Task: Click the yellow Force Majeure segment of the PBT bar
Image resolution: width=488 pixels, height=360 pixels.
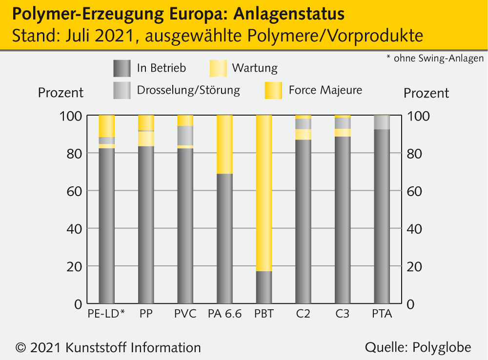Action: click(264, 193)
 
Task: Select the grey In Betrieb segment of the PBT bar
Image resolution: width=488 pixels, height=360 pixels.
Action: click(264, 287)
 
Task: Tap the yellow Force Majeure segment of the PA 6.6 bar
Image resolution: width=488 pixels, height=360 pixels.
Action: click(224, 144)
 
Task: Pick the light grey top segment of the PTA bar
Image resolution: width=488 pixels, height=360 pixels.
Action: click(382, 122)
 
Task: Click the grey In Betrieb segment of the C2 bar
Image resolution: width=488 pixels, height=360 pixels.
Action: click(303, 221)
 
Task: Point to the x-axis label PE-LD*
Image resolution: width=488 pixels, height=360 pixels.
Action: click(106, 314)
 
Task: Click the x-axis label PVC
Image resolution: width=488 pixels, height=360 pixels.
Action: click(185, 314)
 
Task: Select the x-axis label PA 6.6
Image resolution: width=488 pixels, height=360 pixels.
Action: click(224, 314)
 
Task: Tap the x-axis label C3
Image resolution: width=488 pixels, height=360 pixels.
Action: click(343, 314)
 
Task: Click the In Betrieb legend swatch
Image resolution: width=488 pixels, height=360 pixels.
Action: click(122, 68)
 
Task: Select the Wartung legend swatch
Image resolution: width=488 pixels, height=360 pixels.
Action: click(218, 68)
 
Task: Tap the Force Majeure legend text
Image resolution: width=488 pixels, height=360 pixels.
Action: click(325, 90)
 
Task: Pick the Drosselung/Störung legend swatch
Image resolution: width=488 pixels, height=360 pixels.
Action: click(122, 90)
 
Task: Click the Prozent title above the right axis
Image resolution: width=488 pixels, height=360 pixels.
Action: click(427, 93)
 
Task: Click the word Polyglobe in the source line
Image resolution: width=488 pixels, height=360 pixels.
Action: click(442, 347)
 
